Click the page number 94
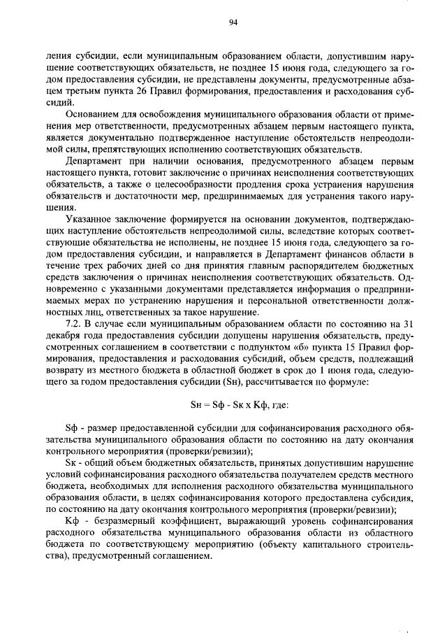pyautogui.click(x=233, y=22)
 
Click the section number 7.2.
pyautogui.click(x=73, y=322)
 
